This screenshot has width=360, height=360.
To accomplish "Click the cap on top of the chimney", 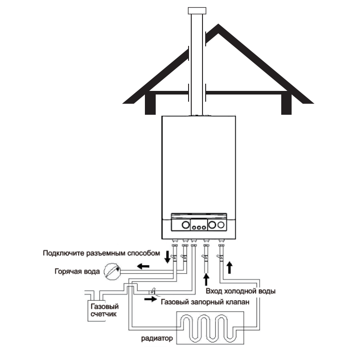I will point(197,10).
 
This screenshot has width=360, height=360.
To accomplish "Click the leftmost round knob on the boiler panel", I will point(186,225).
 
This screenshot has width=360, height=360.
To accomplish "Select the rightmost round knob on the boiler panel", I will point(220,225).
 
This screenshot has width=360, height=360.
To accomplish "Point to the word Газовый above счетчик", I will point(101,306).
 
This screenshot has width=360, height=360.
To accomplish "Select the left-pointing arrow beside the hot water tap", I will point(143,266).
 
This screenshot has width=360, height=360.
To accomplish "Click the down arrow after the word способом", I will point(167,257).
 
